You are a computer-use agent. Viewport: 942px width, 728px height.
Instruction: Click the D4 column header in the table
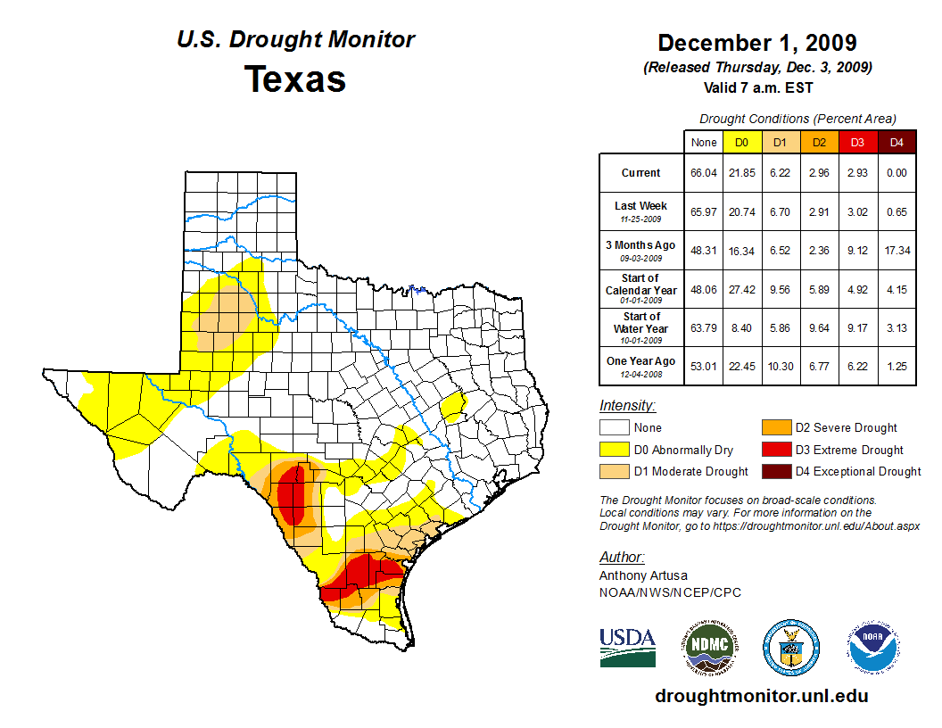(897, 142)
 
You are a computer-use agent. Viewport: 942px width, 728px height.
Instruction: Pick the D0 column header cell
(741, 142)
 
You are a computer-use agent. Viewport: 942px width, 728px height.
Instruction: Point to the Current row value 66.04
(703, 173)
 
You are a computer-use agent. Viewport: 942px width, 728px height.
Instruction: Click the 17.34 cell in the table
(897, 251)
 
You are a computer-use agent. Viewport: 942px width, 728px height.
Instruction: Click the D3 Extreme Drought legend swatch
(775, 450)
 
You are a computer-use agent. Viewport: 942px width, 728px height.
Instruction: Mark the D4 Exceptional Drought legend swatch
(775, 471)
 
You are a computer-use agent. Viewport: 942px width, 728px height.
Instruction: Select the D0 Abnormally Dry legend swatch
(614, 450)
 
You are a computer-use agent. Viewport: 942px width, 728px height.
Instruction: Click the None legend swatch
(614, 428)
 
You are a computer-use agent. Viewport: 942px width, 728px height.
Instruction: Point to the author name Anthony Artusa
(643, 575)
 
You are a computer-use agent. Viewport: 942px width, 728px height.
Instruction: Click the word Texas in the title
(295, 79)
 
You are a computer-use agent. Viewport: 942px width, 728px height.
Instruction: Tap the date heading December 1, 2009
(757, 43)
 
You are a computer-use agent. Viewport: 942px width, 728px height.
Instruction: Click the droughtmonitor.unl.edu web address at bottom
(761, 696)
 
